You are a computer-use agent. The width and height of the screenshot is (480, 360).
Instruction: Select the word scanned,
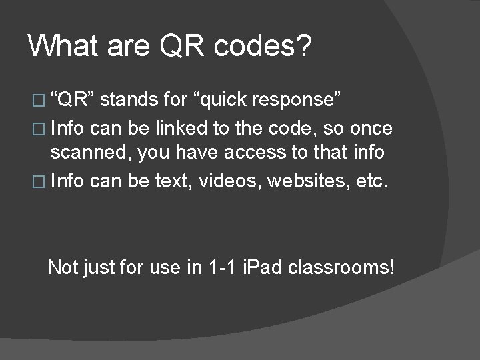point(101,153)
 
